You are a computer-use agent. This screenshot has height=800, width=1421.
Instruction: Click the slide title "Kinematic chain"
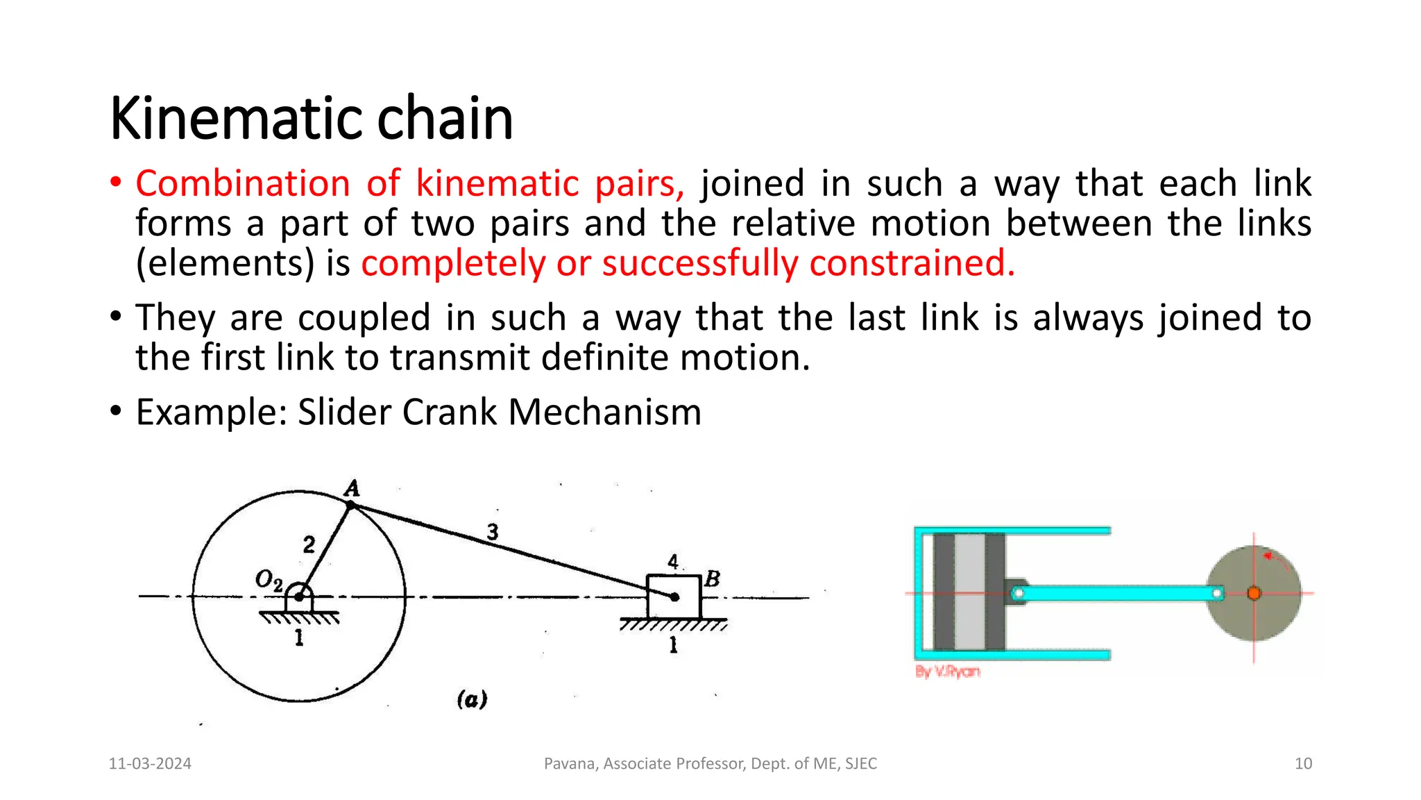click(x=311, y=118)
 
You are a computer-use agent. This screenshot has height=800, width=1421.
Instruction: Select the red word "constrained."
click(x=912, y=264)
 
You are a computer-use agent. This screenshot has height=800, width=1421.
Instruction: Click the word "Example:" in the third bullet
click(x=212, y=412)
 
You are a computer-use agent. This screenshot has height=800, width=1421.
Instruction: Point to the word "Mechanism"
click(x=604, y=412)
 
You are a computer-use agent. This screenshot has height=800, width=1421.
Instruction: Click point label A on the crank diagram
click(x=352, y=489)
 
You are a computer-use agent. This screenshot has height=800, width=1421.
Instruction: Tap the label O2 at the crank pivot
click(x=269, y=580)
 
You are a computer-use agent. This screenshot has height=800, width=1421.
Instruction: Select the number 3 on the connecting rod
click(x=493, y=532)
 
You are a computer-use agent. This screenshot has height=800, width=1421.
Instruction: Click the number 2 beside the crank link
click(x=309, y=544)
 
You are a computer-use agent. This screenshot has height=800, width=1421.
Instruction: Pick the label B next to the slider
click(x=712, y=579)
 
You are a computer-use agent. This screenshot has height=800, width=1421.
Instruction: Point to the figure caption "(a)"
click(x=472, y=699)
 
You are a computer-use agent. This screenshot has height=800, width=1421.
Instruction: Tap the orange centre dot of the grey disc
click(x=1254, y=593)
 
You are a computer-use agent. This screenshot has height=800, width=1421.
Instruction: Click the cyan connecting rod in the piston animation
click(x=1117, y=593)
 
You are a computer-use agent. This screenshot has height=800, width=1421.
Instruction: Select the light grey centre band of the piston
click(x=970, y=592)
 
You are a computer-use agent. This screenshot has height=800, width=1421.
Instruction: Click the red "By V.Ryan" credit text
click(x=947, y=672)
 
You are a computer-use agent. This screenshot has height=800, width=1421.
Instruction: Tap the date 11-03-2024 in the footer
click(x=150, y=764)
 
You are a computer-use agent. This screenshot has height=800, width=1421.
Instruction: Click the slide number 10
click(x=1303, y=764)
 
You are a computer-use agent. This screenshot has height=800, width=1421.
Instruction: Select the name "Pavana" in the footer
click(x=570, y=764)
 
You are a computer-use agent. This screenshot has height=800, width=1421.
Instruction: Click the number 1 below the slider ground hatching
click(x=673, y=646)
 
